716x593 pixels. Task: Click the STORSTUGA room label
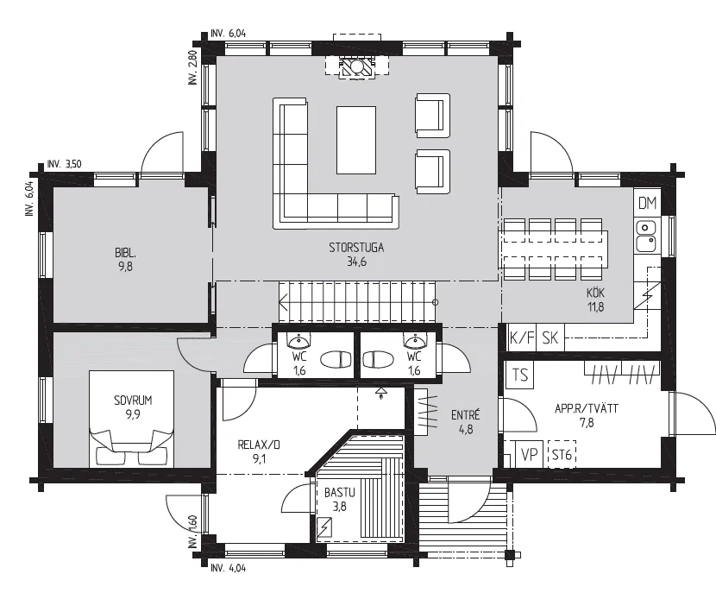coord(356,248)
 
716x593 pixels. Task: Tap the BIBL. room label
coord(125,253)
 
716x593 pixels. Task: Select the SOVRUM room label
coord(133,401)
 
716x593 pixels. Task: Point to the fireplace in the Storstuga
coord(356,67)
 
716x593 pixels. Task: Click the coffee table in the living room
coord(356,140)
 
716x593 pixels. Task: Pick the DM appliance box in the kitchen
coord(647,203)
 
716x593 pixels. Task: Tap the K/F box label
coord(522,338)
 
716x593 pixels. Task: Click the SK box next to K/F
coord(550,338)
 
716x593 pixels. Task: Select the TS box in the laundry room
coord(519,375)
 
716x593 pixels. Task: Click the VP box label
coord(530,455)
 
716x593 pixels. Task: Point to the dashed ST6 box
coord(562,455)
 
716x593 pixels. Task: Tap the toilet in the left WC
coord(336,360)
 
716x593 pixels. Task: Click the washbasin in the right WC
coord(415,340)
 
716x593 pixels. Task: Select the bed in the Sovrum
coord(131,419)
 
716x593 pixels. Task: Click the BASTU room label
coord(339,493)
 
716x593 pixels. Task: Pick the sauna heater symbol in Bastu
coord(324,528)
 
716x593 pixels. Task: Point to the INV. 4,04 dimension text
coord(229,568)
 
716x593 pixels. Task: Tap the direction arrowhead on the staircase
coord(283,302)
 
